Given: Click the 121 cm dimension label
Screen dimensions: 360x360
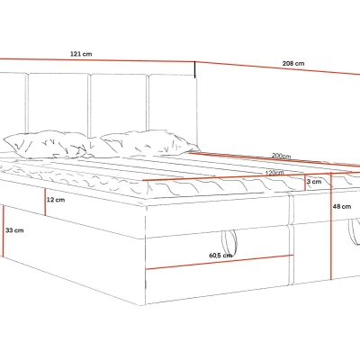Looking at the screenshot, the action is click(x=81, y=54).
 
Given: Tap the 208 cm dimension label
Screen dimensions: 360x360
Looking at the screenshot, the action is click(x=293, y=64).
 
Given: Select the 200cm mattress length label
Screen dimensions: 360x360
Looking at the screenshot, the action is click(x=281, y=156).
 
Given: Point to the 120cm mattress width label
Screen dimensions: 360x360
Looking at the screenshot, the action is click(x=274, y=173).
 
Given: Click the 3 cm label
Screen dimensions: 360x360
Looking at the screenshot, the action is click(x=314, y=182).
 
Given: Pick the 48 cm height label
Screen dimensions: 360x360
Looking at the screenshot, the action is click(x=342, y=206).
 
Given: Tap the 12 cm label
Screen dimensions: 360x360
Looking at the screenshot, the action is click(x=56, y=200).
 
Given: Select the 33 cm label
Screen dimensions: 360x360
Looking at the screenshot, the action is click(x=14, y=230).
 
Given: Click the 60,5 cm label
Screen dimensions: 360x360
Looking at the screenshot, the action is click(x=220, y=256).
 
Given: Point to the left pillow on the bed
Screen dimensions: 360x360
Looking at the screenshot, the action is click(x=45, y=145).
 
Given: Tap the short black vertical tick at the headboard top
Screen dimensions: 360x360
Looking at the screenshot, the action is click(x=195, y=69).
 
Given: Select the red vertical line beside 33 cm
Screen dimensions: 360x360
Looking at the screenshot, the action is click(x=3, y=230).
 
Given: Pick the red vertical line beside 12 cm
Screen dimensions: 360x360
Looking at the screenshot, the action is click(x=45, y=202).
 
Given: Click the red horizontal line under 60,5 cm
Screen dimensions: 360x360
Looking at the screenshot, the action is click(x=220, y=262).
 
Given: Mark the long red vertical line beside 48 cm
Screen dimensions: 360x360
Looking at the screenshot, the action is click(x=331, y=226).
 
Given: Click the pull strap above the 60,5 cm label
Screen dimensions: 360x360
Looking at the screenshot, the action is click(x=229, y=242).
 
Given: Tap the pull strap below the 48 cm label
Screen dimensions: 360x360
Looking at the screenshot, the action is click(x=354, y=231).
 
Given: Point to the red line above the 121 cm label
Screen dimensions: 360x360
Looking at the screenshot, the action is click(x=97, y=60).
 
